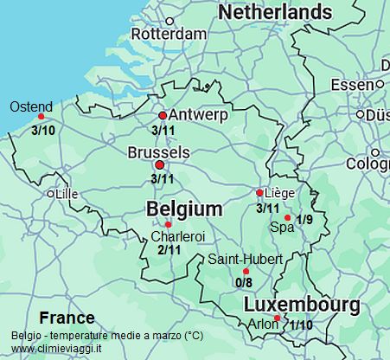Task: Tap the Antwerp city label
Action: coord(199,115)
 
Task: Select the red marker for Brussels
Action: coord(159,164)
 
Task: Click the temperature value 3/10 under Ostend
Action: coord(42,131)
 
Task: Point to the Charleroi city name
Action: coord(177,235)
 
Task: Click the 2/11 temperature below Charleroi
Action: coord(169,250)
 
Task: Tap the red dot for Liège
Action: coord(259,192)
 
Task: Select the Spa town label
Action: coord(282,228)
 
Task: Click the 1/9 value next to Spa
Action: coord(304,220)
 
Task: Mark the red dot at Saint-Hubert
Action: coord(246,271)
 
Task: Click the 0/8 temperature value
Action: coord(244,282)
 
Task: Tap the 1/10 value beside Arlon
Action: coord(302,325)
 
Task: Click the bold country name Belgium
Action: coord(184,209)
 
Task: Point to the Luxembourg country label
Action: coord(302,305)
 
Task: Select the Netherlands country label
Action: coord(275,12)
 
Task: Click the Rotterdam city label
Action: coord(173,34)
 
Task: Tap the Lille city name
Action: coord(67,195)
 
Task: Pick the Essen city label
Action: coord(352,84)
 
